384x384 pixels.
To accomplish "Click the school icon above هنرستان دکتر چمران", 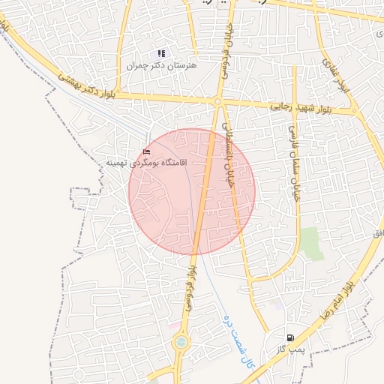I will pyautogui.click(x=160, y=54).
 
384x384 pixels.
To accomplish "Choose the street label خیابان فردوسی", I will pyautogui.click(x=223, y=48).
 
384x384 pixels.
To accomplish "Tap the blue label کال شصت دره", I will pyautogui.click(x=238, y=341).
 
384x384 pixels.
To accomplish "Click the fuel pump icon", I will pyautogui.click(x=290, y=337).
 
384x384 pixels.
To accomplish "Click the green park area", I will pyautogui.click(x=311, y=244).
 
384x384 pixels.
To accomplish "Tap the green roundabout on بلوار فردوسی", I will pyautogui.click(x=181, y=343).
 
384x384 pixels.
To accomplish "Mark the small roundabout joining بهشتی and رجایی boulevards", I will pyautogui.click(x=217, y=101).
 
